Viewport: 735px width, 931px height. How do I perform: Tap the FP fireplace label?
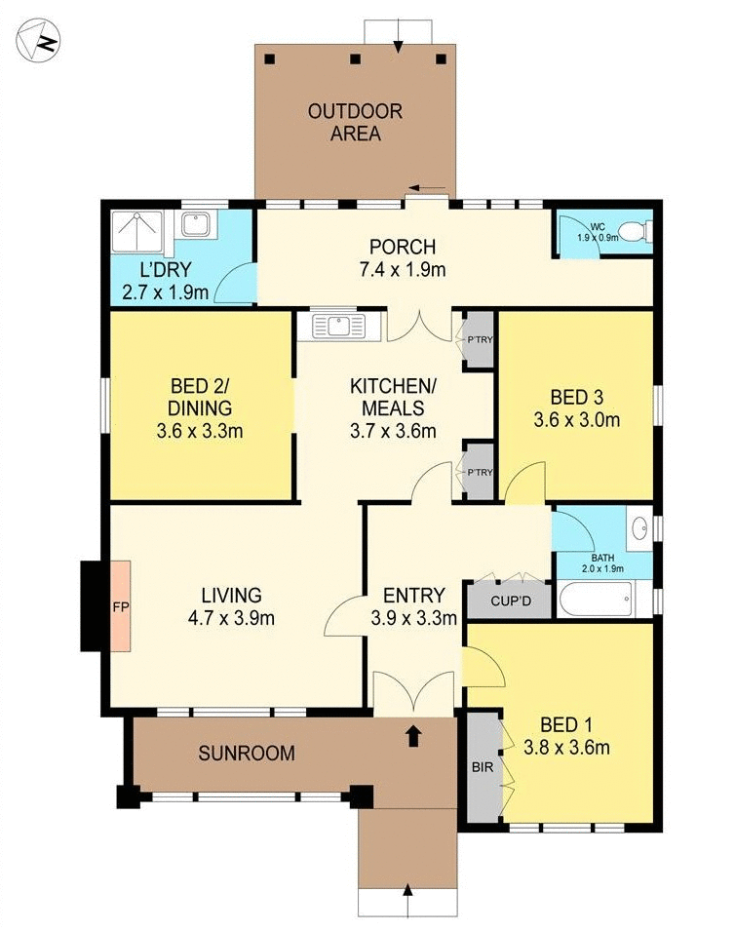click(120, 605)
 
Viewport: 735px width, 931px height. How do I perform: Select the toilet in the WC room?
click(635, 232)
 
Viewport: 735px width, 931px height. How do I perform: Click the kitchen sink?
click(337, 325)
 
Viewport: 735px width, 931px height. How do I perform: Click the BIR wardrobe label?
click(482, 766)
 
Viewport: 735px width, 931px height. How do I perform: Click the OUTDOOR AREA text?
click(355, 122)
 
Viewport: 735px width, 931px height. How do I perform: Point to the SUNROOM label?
click(247, 753)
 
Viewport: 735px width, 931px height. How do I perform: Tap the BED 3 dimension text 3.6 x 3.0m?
click(577, 420)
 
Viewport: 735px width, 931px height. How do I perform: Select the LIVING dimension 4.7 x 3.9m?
click(231, 617)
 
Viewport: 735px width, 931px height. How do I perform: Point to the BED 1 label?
click(567, 724)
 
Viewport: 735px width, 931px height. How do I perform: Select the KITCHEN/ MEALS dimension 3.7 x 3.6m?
click(393, 430)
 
